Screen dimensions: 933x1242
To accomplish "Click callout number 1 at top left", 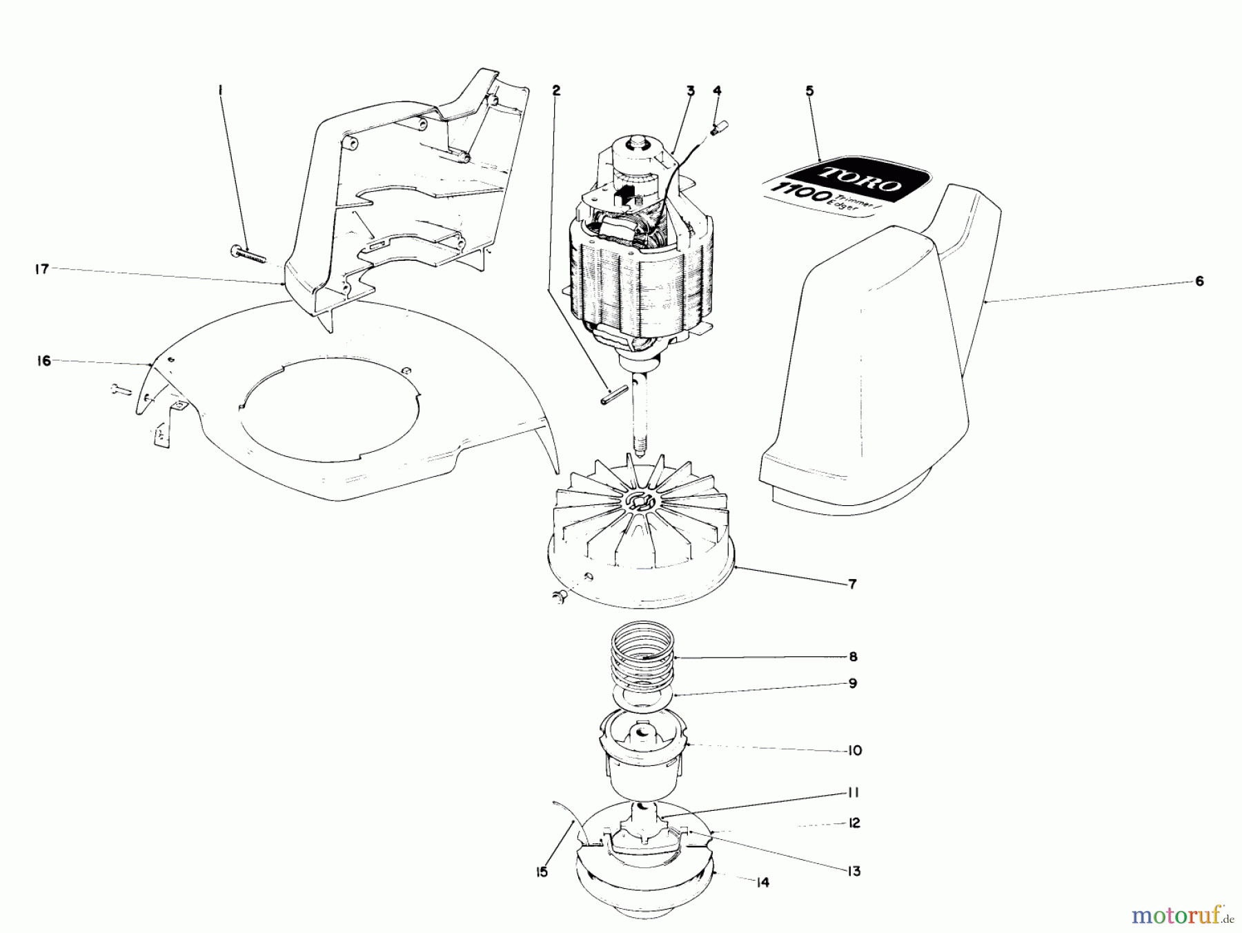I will click(220, 90).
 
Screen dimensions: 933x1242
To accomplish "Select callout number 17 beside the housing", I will click(42, 269).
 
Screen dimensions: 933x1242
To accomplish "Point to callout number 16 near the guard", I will click(44, 361).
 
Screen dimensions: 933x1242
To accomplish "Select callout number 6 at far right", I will click(1199, 281).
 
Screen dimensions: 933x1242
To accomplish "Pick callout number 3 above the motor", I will click(689, 90).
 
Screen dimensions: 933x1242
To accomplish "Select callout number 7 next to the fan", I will click(852, 585).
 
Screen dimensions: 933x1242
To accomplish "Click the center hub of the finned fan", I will click(642, 502).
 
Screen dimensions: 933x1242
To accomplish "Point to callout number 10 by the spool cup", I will click(854, 750).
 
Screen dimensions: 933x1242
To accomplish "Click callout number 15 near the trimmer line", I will click(542, 872).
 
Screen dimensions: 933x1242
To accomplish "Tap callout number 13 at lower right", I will click(854, 871).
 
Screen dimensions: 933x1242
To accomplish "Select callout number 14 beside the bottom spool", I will click(762, 883).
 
